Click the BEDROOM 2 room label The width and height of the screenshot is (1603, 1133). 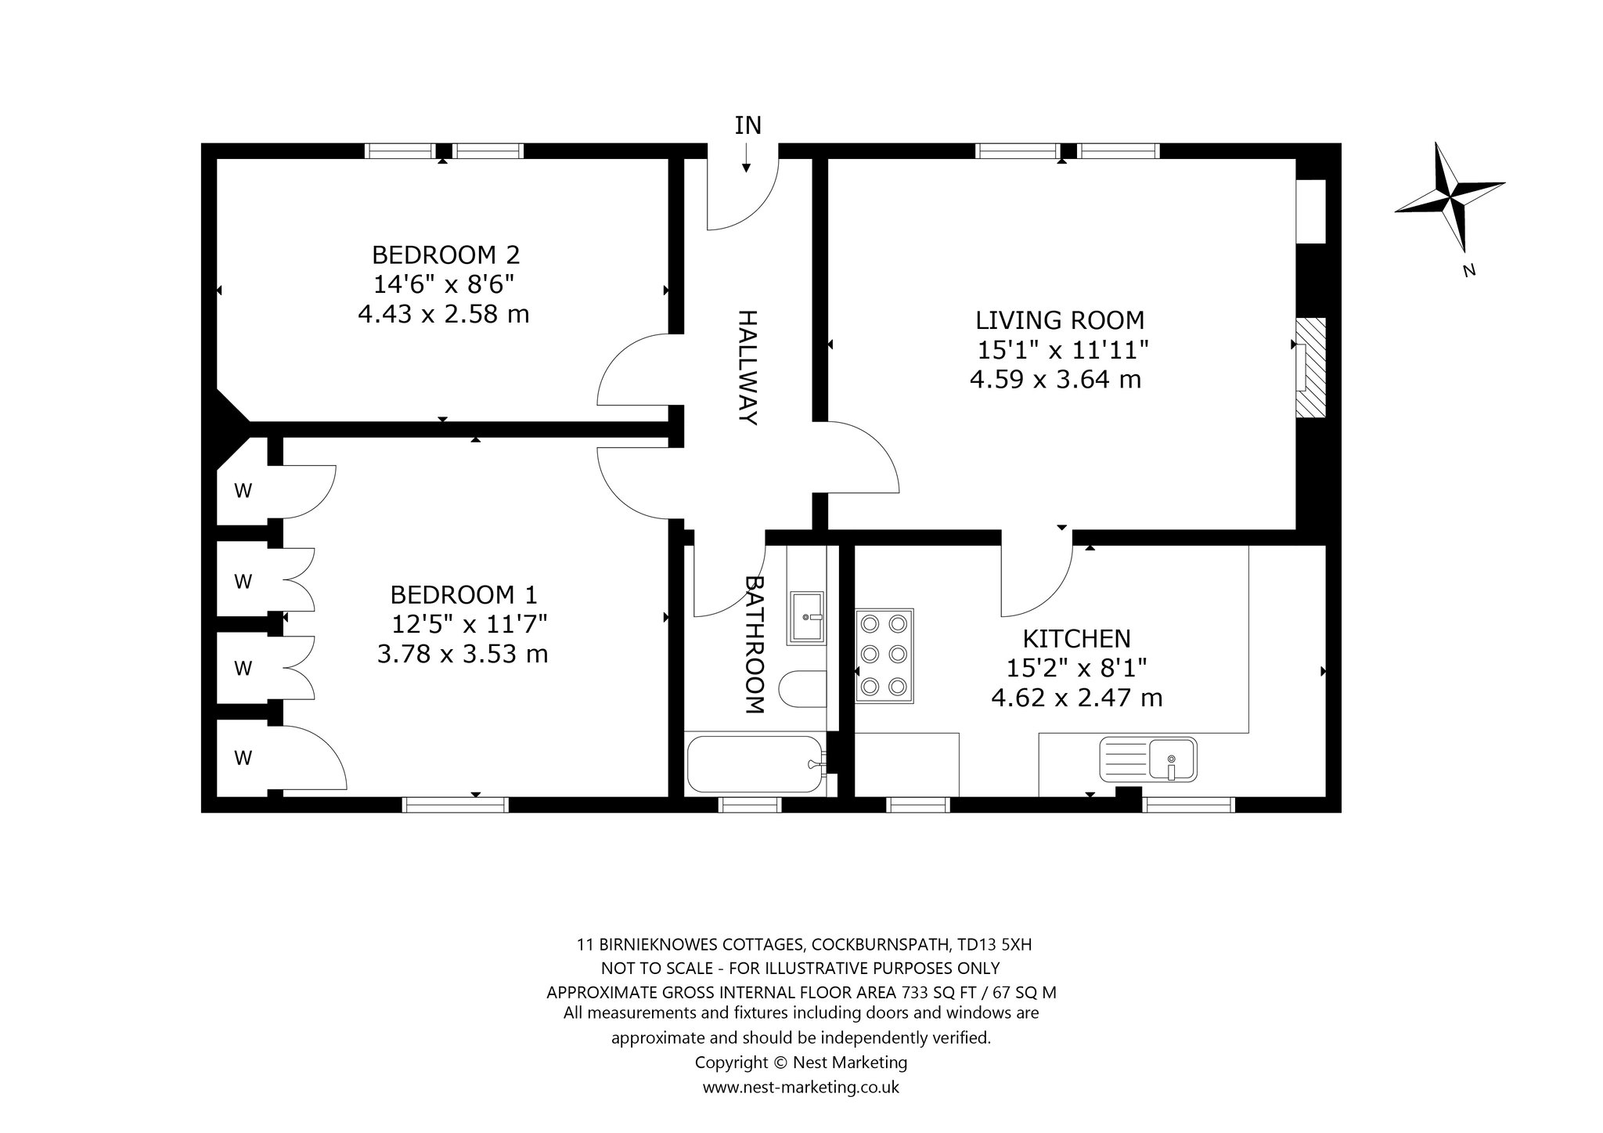pyautogui.click(x=445, y=255)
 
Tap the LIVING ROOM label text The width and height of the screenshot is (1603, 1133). pyautogui.click(x=1060, y=320)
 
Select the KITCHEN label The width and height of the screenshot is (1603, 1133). pyautogui.click(x=1077, y=639)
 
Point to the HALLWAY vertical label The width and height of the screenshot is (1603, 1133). pyautogui.click(x=748, y=368)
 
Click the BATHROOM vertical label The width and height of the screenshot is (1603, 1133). pyautogui.click(x=753, y=645)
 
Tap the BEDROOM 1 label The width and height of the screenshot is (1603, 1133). pyautogui.click(x=463, y=596)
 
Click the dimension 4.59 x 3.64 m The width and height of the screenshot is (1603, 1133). pyautogui.click(x=1055, y=380)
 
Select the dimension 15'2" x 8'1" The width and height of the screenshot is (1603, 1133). pyautogui.click(x=1077, y=668)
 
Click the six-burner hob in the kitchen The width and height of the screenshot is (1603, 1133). pyautogui.click(x=884, y=656)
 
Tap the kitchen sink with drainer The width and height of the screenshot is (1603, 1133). pyautogui.click(x=1148, y=759)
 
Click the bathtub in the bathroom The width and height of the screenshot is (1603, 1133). pyautogui.click(x=755, y=764)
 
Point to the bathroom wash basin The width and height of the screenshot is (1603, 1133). pyautogui.click(x=807, y=618)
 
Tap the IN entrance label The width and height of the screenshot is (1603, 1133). pyautogui.click(x=747, y=125)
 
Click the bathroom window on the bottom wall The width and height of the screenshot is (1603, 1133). pyautogui.click(x=750, y=804)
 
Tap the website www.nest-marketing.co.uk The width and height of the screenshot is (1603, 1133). pyautogui.click(x=801, y=1088)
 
